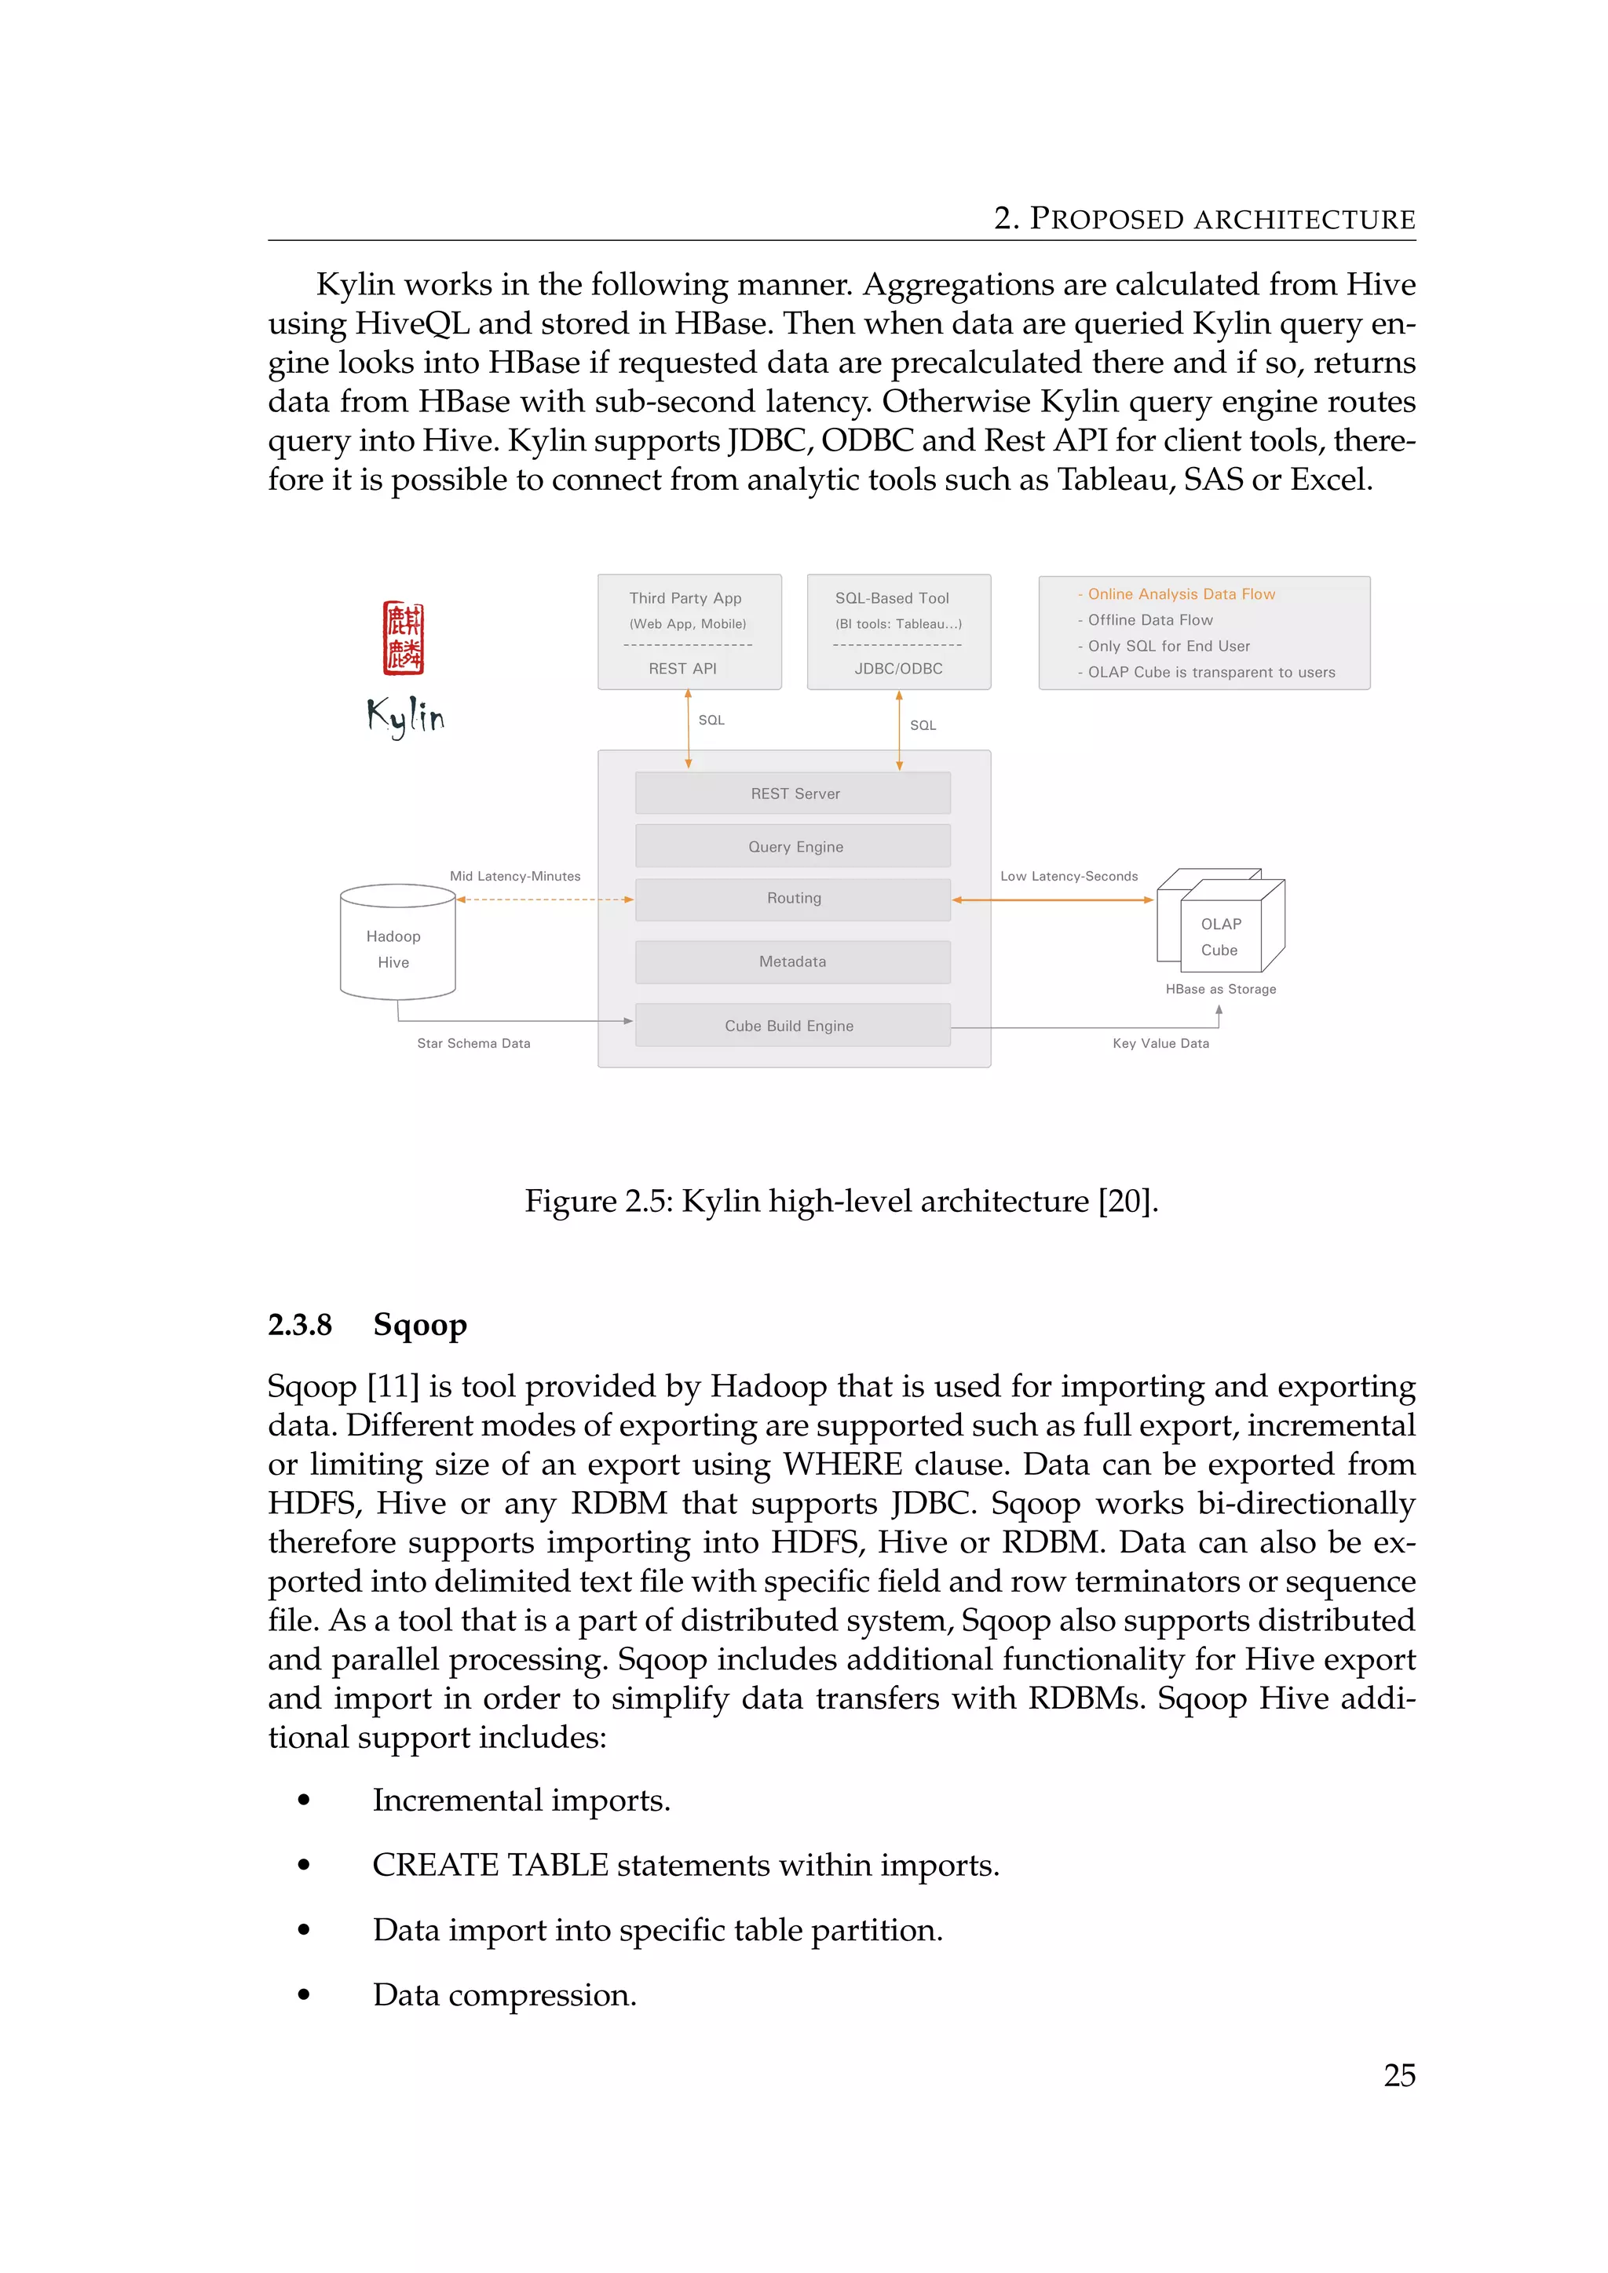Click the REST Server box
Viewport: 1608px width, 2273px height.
tap(793, 793)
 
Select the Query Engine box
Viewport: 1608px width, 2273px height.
tap(793, 846)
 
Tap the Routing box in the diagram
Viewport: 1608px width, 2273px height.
tap(793, 899)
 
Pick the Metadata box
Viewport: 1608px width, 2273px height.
tap(793, 961)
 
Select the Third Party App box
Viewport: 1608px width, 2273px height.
tap(689, 632)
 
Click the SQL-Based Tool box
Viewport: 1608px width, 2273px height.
tap(898, 632)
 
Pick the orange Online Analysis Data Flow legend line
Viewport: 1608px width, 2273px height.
tap(1180, 594)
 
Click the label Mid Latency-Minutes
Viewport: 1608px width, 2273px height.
tap(515, 876)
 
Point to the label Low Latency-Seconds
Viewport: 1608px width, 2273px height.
tap(1069, 876)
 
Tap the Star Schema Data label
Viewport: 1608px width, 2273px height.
tap(473, 1043)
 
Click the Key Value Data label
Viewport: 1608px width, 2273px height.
tap(1160, 1043)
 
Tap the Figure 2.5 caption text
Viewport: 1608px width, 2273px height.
tap(841, 1201)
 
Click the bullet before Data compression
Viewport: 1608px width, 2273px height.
tap(304, 1995)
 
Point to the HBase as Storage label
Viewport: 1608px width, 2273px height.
tap(1220, 989)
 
